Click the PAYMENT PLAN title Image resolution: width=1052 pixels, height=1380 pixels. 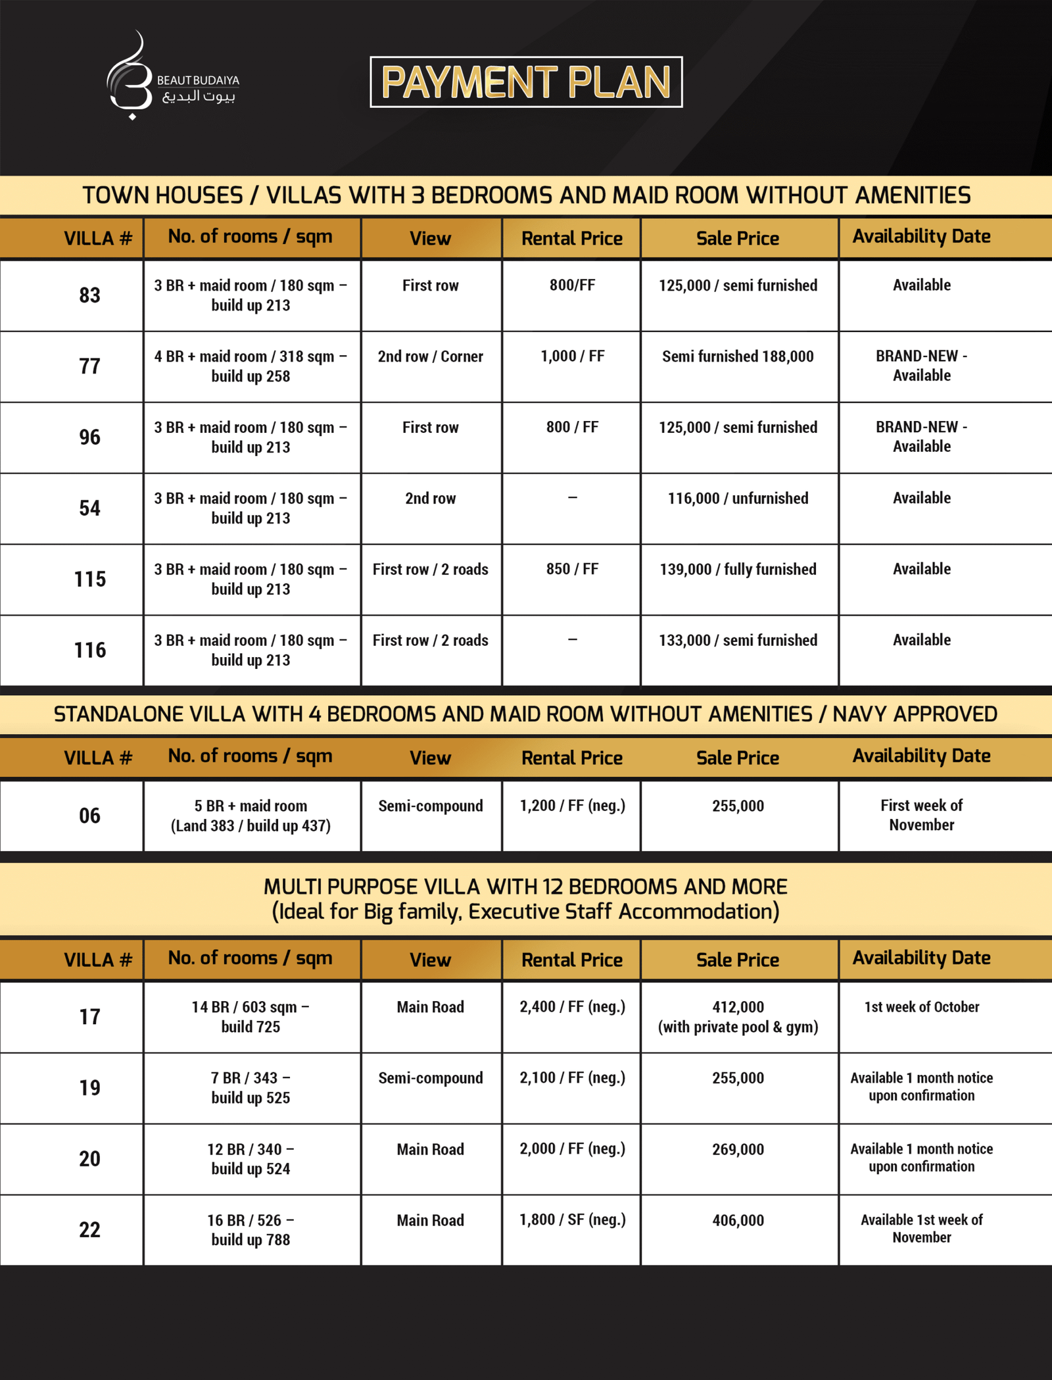tap(526, 82)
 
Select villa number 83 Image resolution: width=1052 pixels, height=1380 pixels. tap(89, 295)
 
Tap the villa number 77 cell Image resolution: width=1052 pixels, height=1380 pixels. tap(89, 366)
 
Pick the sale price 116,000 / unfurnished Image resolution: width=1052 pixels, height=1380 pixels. tap(738, 499)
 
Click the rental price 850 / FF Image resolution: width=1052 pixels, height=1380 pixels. tap(572, 570)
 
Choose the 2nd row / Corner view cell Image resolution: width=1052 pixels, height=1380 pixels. tap(430, 357)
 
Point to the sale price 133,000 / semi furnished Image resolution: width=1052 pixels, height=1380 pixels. tap(738, 641)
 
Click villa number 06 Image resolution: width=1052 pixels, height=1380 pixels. tap(89, 816)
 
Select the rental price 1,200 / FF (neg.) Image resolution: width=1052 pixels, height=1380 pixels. tap(572, 806)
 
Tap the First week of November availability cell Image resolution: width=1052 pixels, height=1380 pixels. tap(921, 816)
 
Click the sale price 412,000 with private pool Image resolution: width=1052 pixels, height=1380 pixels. tap(738, 1017)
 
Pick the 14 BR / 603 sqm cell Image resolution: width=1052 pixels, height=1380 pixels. tap(251, 1017)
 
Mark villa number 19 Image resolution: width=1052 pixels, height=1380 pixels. tap(89, 1088)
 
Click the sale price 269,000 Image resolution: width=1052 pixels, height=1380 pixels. tap(738, 1150)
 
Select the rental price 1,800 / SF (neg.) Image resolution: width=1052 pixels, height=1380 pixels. tap(572, 1220)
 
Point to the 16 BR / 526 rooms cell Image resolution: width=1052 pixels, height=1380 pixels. tap(251, 1230)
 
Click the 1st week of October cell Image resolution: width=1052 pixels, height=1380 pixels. tap(921, 1007)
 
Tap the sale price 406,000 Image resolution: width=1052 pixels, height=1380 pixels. tap(738, 1221)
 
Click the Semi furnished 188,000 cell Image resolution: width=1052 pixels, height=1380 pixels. tap(738, 357)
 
